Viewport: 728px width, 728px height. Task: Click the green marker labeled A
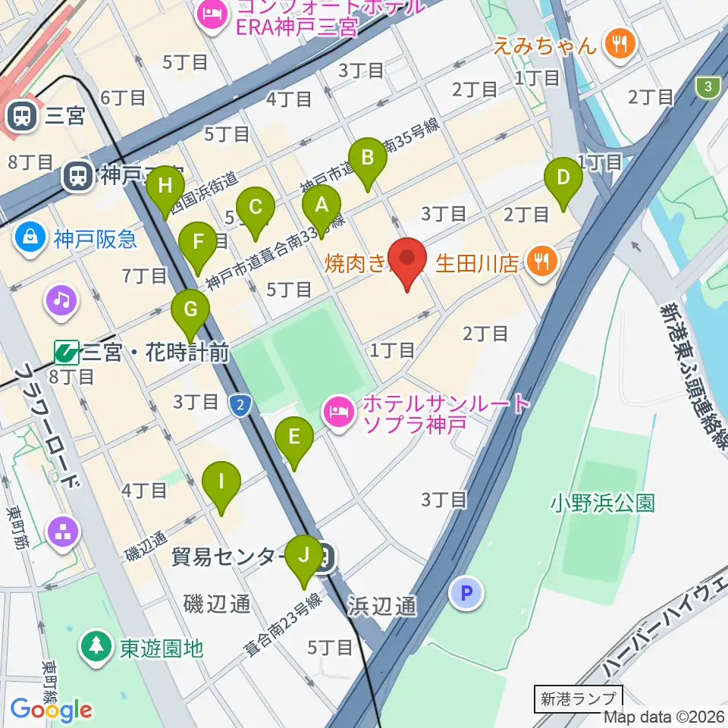click(x=322, y=206)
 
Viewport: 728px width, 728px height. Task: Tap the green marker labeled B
click(x=368, y=159)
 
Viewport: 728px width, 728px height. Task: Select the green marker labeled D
click(x=563, y=178)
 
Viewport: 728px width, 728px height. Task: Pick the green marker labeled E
click(x=293, y=438)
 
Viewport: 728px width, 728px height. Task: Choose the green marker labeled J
click(x=304, y=557)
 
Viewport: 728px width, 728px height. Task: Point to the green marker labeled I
click(x=221, y=482)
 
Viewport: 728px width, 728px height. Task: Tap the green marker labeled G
click(x=190, y=311)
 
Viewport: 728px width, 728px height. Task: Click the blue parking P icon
click(x=466, y=592)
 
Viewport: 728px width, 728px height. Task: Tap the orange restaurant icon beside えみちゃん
click(x=620, y=44)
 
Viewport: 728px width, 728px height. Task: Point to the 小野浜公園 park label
click(x=603, y=503)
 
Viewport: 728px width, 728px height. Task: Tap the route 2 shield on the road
click(x=240, y=405)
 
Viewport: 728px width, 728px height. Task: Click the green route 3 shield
click(x=708, y=87)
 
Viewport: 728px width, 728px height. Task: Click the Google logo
click(x=52, y=709)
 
